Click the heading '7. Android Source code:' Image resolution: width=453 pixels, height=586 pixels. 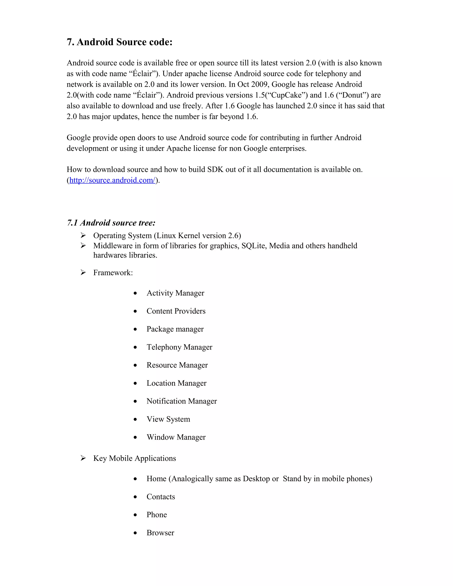click(119, 42)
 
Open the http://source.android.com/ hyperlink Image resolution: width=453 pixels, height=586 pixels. click(112, 180)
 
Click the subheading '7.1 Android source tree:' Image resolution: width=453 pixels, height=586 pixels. click(111, 223)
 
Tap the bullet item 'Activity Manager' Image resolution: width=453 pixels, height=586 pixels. click(175, 293)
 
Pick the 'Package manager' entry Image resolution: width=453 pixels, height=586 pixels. click(175, 329)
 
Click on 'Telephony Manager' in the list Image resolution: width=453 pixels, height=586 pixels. click(179, 347)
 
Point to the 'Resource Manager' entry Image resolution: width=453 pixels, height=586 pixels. click(177, 365)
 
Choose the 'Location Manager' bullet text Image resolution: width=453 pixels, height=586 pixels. click(176, 383)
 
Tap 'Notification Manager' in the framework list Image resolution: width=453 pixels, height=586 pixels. click(181, 401)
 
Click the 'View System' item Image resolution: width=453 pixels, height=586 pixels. click(168, 419)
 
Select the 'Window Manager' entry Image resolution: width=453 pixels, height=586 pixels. click(176, 437)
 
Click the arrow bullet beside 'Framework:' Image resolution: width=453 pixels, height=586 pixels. click(83, 273)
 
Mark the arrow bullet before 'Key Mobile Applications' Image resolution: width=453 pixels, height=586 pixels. click(83, 458)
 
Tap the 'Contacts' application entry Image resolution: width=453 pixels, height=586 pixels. click(161, 497)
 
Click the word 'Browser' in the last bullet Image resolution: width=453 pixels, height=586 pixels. click(160, 533)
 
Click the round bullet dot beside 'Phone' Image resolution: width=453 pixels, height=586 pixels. click(135, 515)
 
